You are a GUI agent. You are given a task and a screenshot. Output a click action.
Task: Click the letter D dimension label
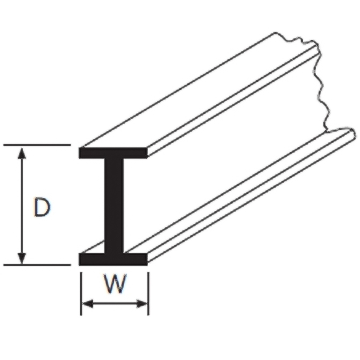coord(42,207)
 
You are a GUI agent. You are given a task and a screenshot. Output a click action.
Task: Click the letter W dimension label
coord(115,284)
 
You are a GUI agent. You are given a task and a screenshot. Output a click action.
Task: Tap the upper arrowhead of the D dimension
coord(22,153)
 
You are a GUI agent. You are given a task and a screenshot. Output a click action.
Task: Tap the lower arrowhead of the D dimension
coord(22,258)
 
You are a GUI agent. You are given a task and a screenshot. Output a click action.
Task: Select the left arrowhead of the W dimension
coord(88,303)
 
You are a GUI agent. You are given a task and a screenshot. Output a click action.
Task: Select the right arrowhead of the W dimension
coord(142,303)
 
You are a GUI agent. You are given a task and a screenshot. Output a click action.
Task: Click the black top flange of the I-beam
coord(113,153)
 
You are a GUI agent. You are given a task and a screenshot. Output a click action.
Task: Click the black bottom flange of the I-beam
coord(113,259)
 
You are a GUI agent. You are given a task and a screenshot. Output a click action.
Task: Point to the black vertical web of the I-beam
coord(114,206)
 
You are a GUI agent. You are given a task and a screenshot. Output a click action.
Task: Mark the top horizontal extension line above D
coord(37,145)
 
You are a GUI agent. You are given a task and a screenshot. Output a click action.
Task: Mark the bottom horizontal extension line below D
coord(37,265)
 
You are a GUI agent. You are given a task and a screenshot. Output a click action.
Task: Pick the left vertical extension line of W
coord(81,294)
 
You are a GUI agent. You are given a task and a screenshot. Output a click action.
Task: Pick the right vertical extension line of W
coord(149,294)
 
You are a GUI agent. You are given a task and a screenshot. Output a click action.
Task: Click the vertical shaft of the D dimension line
coord(22,206)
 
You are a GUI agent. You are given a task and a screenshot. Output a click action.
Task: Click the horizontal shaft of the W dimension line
coord(115,303)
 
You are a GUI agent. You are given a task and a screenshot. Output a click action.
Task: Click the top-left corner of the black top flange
coord(79,147)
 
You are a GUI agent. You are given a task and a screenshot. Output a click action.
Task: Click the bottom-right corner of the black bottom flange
coord(147,265)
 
